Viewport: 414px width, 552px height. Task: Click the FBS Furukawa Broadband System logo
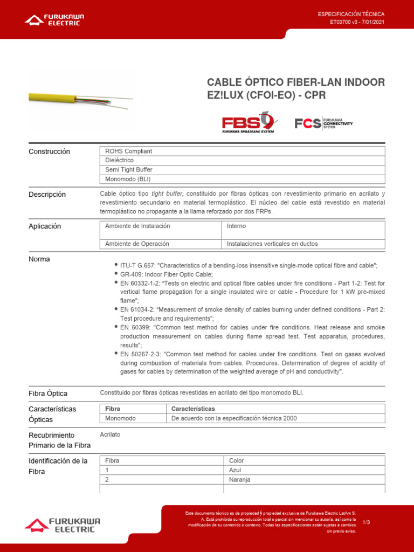[249, 122]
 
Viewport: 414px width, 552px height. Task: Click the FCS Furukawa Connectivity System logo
[323, 123]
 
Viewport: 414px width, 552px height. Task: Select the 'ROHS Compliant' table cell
[242, 151]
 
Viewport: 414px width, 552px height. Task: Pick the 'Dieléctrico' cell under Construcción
[242, 161]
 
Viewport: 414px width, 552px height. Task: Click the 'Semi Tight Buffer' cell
[242, 170]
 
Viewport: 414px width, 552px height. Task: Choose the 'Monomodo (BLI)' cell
[242, 180]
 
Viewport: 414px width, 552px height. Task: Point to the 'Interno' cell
[303, 226]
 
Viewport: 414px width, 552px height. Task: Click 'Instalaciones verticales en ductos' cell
[303, 244]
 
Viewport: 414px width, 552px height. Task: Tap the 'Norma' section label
[39, 259]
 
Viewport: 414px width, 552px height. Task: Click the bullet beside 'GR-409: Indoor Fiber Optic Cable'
[116, 274]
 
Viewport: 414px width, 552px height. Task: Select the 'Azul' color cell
[304, 470]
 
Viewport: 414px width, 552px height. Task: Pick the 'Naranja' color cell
[304, 480]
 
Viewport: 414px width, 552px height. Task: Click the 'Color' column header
[304, 460]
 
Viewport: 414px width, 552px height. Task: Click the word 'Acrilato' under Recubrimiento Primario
[111, 434]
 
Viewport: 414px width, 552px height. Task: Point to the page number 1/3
[367, 522]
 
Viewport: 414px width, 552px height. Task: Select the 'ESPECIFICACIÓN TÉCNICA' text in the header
[351, 14]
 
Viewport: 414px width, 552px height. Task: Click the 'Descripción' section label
[47, 194]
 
